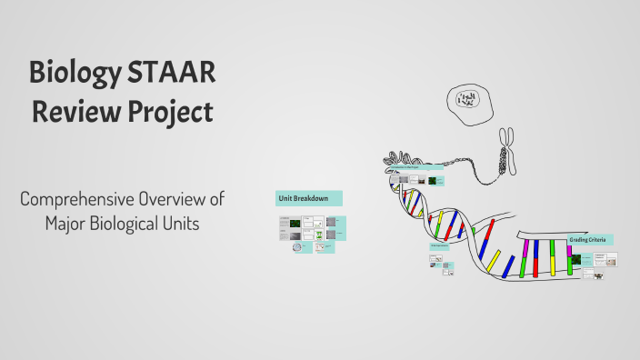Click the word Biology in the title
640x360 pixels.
point(74,72)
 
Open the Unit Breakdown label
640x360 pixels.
point(308,197)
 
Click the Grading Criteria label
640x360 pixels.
point(591,240)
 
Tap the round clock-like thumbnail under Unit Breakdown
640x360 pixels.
point(298,246)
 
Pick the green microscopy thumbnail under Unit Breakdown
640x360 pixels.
point(295,222)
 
